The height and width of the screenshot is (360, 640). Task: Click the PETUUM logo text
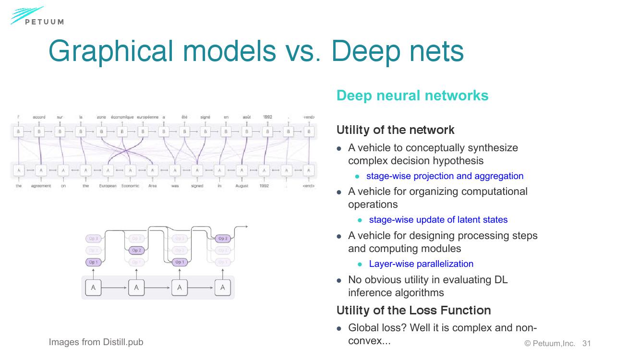point(44,22)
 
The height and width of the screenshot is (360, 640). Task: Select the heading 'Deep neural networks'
point(412,96)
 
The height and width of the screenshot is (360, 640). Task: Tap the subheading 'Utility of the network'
point(395,130)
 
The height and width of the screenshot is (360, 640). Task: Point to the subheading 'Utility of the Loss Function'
point(413,311)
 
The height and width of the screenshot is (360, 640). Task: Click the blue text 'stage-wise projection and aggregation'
point(445,176)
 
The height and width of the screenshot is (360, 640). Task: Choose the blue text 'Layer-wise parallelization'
point(421,264)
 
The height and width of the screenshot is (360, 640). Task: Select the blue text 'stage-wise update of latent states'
point(438,220)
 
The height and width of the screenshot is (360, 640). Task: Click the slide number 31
point(586,344)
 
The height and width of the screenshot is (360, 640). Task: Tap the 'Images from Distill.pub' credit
point(96,342)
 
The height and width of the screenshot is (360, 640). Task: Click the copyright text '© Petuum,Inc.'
point(549,344)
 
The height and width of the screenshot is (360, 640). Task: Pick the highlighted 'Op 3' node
point(223,239)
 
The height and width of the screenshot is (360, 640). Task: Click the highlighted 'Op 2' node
point(136,250)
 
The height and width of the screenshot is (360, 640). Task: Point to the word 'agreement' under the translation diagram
point(41,186)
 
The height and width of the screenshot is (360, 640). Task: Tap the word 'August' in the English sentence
point(242,186)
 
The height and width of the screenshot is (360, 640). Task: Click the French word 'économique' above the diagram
point(122,117)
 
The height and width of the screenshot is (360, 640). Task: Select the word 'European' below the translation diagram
point(108,186)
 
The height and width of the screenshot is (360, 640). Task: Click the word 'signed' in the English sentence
point(197,186)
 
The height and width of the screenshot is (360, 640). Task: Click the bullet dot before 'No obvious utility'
point(339,280)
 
